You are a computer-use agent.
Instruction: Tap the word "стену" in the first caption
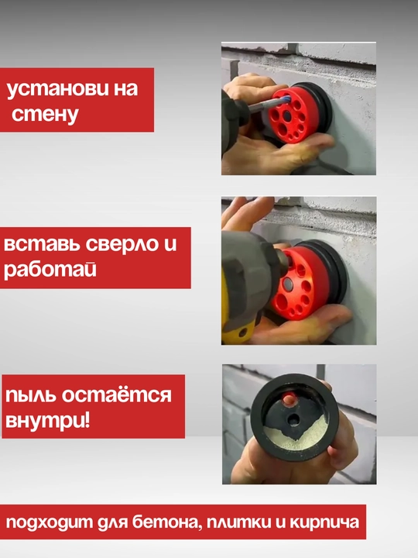(45, 115)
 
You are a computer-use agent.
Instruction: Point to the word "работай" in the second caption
(50, 269)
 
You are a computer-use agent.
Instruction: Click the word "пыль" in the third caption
(30, 395)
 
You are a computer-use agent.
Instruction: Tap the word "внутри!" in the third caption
(48, 421)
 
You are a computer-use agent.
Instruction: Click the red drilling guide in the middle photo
(298, 281)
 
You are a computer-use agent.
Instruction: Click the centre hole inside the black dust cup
(293, 420)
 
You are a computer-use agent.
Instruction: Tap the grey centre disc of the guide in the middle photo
(287, 284)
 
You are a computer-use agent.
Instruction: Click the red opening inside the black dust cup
(290, 398)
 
